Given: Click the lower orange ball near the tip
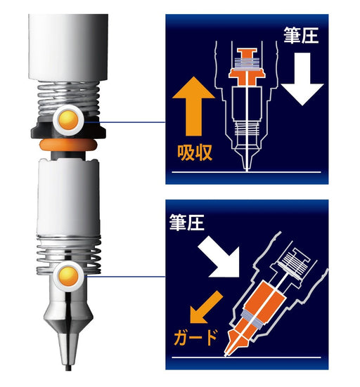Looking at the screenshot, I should pyautogui.click(x=68, y=275).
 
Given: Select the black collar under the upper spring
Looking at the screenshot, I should pyautogui.click(x=42, y=131).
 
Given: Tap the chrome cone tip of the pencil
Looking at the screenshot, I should pyautogui.click(x=68, y=316).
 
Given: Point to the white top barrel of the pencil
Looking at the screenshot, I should pyautogui.click(x=68, y=42).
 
